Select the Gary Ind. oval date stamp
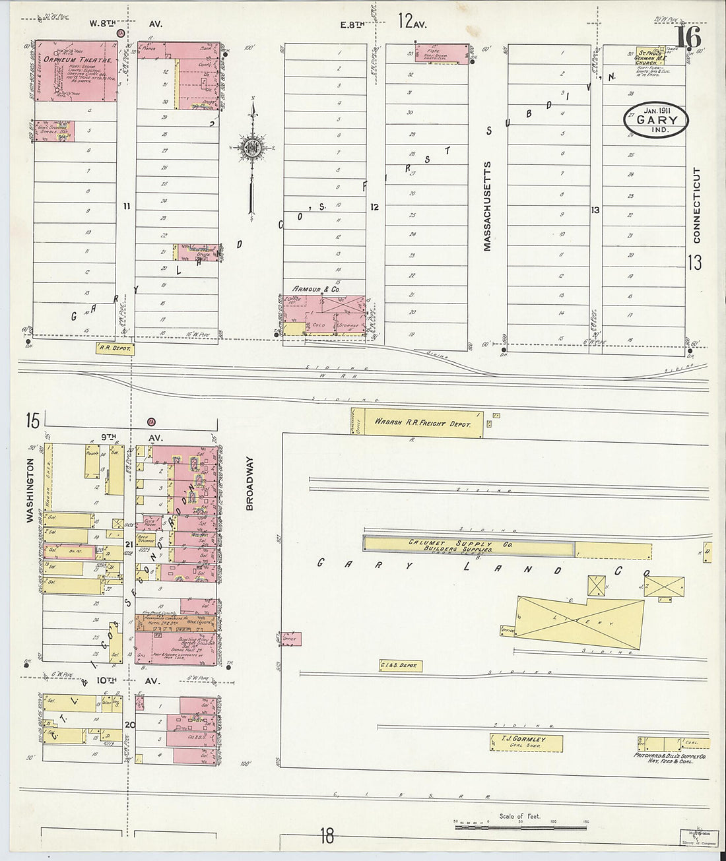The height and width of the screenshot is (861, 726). pyautogui.click(x=656, y=120)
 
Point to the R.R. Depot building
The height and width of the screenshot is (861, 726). pyautogui.click(x=115, y=348)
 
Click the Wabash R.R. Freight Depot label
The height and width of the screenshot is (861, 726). pyautogui.click(x=422, y=423)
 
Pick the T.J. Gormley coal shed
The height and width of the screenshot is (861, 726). pyautogui.click(x=526, y=742)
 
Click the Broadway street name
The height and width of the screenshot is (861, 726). pyautogui.click(x=249, y=484)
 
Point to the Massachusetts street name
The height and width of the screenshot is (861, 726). pyautogui.click(x=488, y=206)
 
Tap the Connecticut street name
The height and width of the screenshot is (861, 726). pyautogui.click(x=696, y=205)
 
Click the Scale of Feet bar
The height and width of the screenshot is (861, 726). pyautogui.click(x=521, y=825)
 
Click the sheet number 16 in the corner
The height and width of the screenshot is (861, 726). pyautogui.click(x=688, y=37)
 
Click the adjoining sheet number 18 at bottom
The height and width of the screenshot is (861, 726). pyautogui.click(x=327, y=837)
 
